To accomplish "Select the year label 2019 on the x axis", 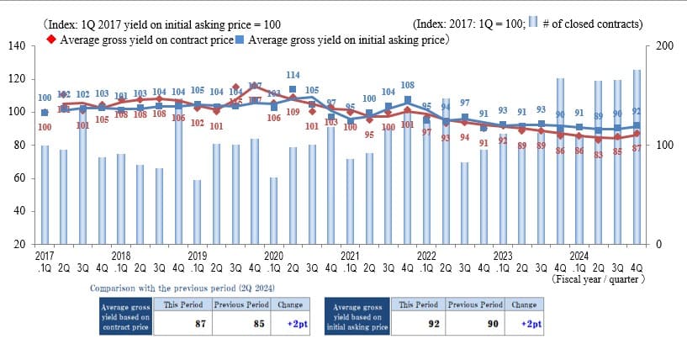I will (x=197, y=254).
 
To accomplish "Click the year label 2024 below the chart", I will (x=579, y=254).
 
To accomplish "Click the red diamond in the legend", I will (x=51, y=39).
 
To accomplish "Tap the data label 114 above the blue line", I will (x=293, y=76).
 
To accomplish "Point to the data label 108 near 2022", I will (x=408, y=85).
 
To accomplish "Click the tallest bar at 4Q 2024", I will (x=637, y=156).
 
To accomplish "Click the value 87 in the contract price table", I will (x=201, y=323).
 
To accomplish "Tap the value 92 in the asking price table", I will (x=434, y=323).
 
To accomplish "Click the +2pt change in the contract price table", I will (x=295, y=323).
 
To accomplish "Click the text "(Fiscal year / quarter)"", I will (x=598, y=278).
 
